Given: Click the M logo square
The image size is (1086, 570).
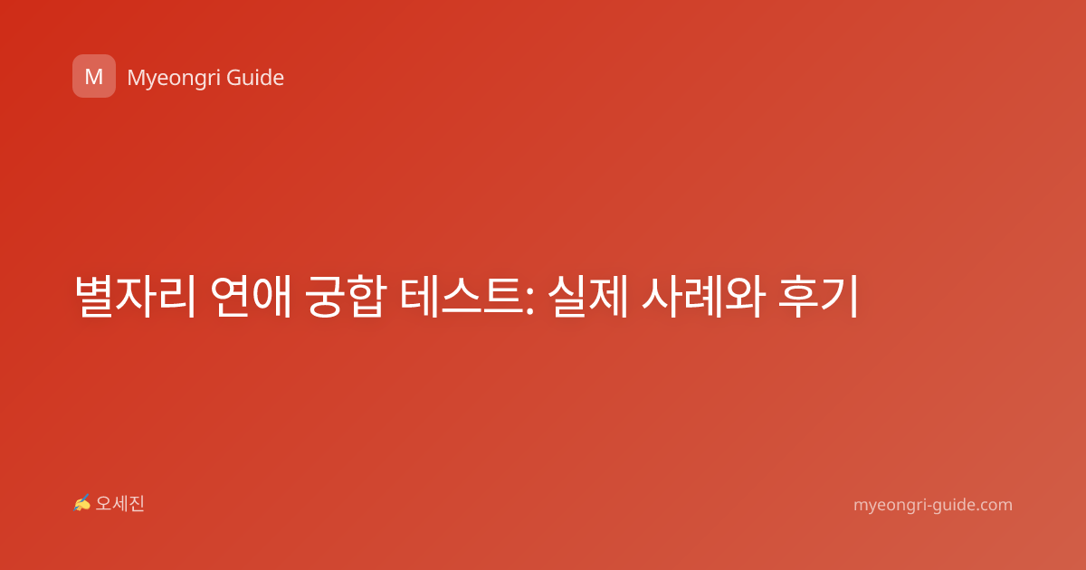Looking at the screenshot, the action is point(94,76).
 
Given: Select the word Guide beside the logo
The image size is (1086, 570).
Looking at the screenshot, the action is point(255,78).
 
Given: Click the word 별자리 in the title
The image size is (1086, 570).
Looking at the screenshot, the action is point(135,296).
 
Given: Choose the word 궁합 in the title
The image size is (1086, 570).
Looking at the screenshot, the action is point(345,296).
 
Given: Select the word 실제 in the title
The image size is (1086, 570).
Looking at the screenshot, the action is point(587,296).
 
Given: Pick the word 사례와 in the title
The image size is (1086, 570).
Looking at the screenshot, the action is point(703,296).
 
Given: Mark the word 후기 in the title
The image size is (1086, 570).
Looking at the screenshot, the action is point(819,296).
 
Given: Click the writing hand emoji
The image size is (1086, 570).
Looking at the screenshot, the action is point(81,503).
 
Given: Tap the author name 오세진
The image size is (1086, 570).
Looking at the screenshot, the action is point(119,504).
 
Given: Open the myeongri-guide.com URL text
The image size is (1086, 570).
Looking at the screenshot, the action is point(933,505).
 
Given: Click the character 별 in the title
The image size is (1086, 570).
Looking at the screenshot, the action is point(94,296).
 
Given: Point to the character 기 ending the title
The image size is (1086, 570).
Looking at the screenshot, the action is point(840,296).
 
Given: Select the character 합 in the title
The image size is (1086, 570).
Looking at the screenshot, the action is point(367,296).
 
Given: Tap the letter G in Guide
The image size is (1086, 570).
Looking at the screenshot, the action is point(234,78).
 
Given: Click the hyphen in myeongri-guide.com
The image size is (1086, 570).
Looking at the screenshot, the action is point(929,506).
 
